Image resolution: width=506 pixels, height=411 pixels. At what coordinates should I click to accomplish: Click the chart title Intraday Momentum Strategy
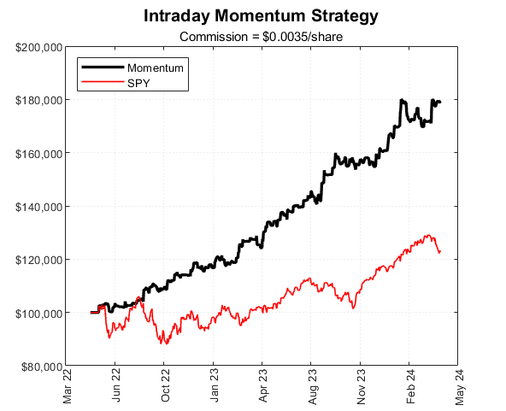pyautogui.click(x=261, y=16)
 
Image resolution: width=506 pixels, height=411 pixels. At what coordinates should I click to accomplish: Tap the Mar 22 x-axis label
pyautogui.click(x=67, y=386)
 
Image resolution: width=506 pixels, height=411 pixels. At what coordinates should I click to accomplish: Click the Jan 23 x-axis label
pyautogui.click(x=215, y=386)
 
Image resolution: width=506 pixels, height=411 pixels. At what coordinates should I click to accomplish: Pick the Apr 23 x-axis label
pyautogui.click(x=263, y=386)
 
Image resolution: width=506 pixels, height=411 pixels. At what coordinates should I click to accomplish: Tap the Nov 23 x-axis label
pyautogui.click(x=362, y=386)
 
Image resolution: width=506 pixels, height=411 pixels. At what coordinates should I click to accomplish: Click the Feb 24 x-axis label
pyautogui.click(x=411, y=386)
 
